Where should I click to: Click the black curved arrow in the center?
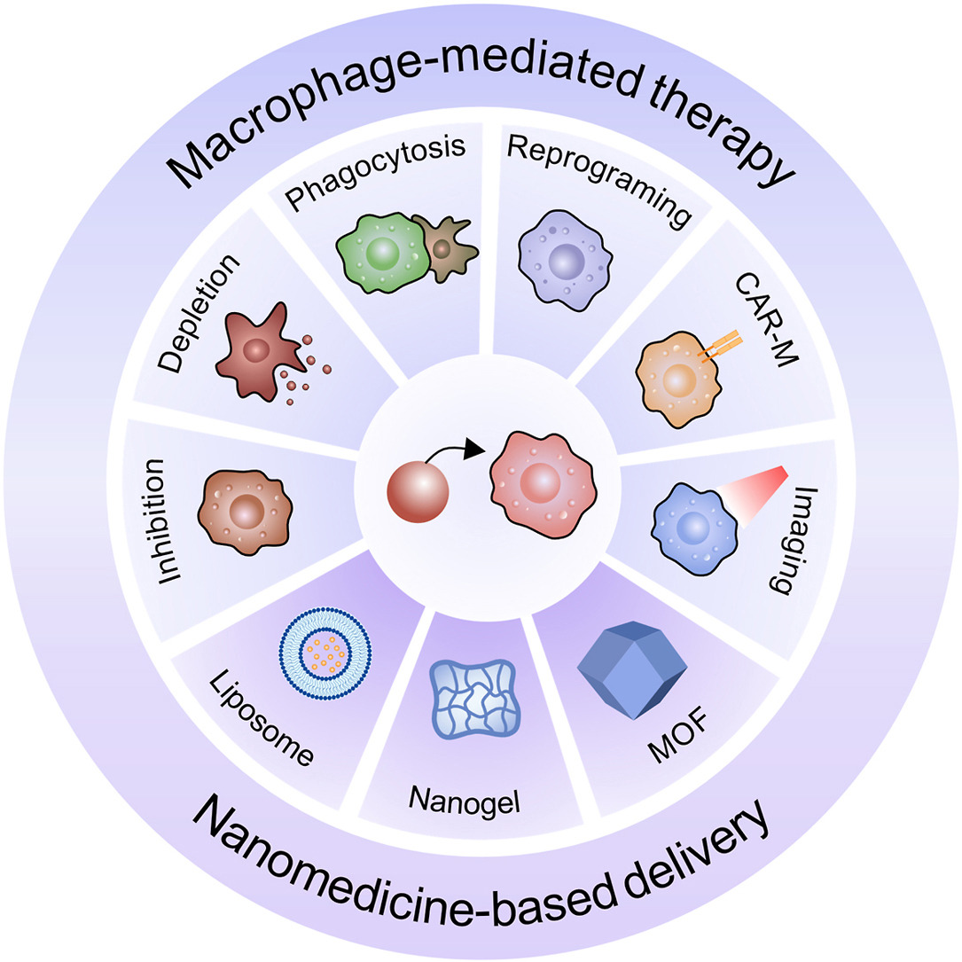coord(456,458)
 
